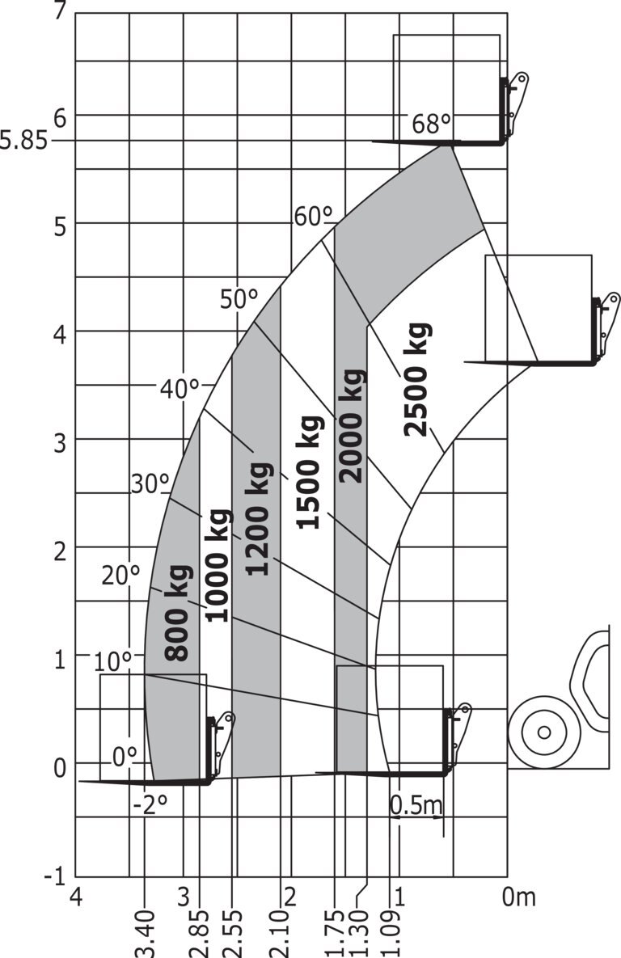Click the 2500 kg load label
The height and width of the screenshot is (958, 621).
(x=418, y=379)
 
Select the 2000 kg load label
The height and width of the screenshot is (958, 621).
(x=352, y=425)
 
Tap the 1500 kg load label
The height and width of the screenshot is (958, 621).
(x=309, y=471)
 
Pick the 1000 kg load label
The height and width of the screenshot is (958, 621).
(x=218, y=565)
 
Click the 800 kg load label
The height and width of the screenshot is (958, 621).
(x=179, y=613)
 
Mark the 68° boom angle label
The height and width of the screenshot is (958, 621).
(x=431, y=124)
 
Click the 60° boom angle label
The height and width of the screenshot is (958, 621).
(x=313, y=217)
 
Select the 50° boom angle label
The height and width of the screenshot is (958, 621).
(x=239, y=299)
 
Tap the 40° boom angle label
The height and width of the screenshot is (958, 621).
(x=179, y=389)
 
